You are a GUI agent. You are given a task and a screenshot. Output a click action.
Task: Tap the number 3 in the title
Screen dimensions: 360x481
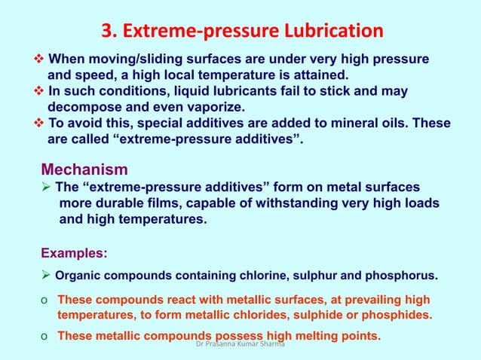[106, 32]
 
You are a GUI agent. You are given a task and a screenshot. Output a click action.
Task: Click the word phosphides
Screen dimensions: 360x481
[397, 315]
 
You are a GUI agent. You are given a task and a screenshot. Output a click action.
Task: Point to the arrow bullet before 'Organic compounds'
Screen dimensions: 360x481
[47, 273]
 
